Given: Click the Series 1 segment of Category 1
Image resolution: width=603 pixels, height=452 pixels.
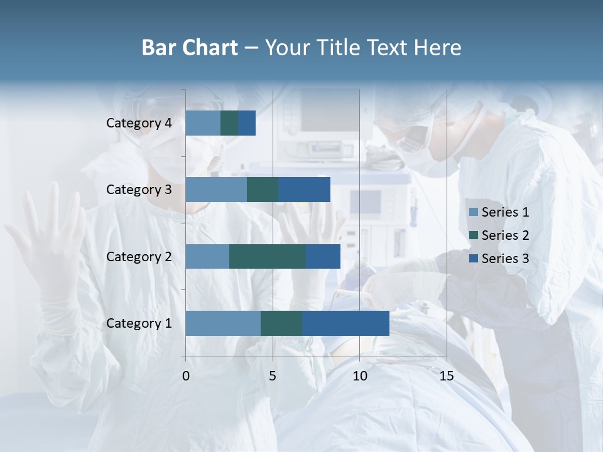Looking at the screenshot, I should (223, 323).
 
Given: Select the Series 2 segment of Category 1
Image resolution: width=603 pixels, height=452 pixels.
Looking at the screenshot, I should (281, 323).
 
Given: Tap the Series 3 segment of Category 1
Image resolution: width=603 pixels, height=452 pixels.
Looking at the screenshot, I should (345, 323).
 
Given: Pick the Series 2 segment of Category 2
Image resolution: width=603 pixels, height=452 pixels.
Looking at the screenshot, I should (268, 256).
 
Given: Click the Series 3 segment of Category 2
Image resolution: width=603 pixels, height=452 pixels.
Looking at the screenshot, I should (323, 256).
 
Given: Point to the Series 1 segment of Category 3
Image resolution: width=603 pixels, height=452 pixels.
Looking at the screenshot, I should (216, 190).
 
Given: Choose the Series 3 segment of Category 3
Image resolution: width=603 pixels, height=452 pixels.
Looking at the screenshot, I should (304, 190).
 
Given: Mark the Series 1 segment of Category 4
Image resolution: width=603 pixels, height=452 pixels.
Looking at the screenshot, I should (203, 123).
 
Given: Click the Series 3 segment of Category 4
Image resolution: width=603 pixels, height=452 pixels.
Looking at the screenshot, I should (247, 123).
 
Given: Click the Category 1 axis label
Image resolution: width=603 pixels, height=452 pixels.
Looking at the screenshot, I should (139, 323).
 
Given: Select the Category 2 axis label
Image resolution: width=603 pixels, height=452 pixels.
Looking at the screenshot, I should (139, 256).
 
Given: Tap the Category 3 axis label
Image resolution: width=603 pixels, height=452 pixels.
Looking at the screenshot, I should (139, 190).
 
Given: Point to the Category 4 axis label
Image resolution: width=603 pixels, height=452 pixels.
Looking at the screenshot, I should (139, 123).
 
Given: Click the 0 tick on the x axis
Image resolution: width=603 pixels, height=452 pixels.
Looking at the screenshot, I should (186, 376).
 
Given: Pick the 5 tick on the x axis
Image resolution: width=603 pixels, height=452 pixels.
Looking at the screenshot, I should (273, 376).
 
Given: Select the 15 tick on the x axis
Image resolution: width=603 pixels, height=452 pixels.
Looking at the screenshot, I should (447, 376).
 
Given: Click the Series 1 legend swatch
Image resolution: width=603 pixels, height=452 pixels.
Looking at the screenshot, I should (474, 212).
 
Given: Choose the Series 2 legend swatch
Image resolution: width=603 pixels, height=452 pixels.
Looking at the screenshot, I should (474, 235).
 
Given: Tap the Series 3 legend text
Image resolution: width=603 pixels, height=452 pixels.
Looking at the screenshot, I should (505, 259).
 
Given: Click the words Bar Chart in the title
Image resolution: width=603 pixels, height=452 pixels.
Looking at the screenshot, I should (190, 48).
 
